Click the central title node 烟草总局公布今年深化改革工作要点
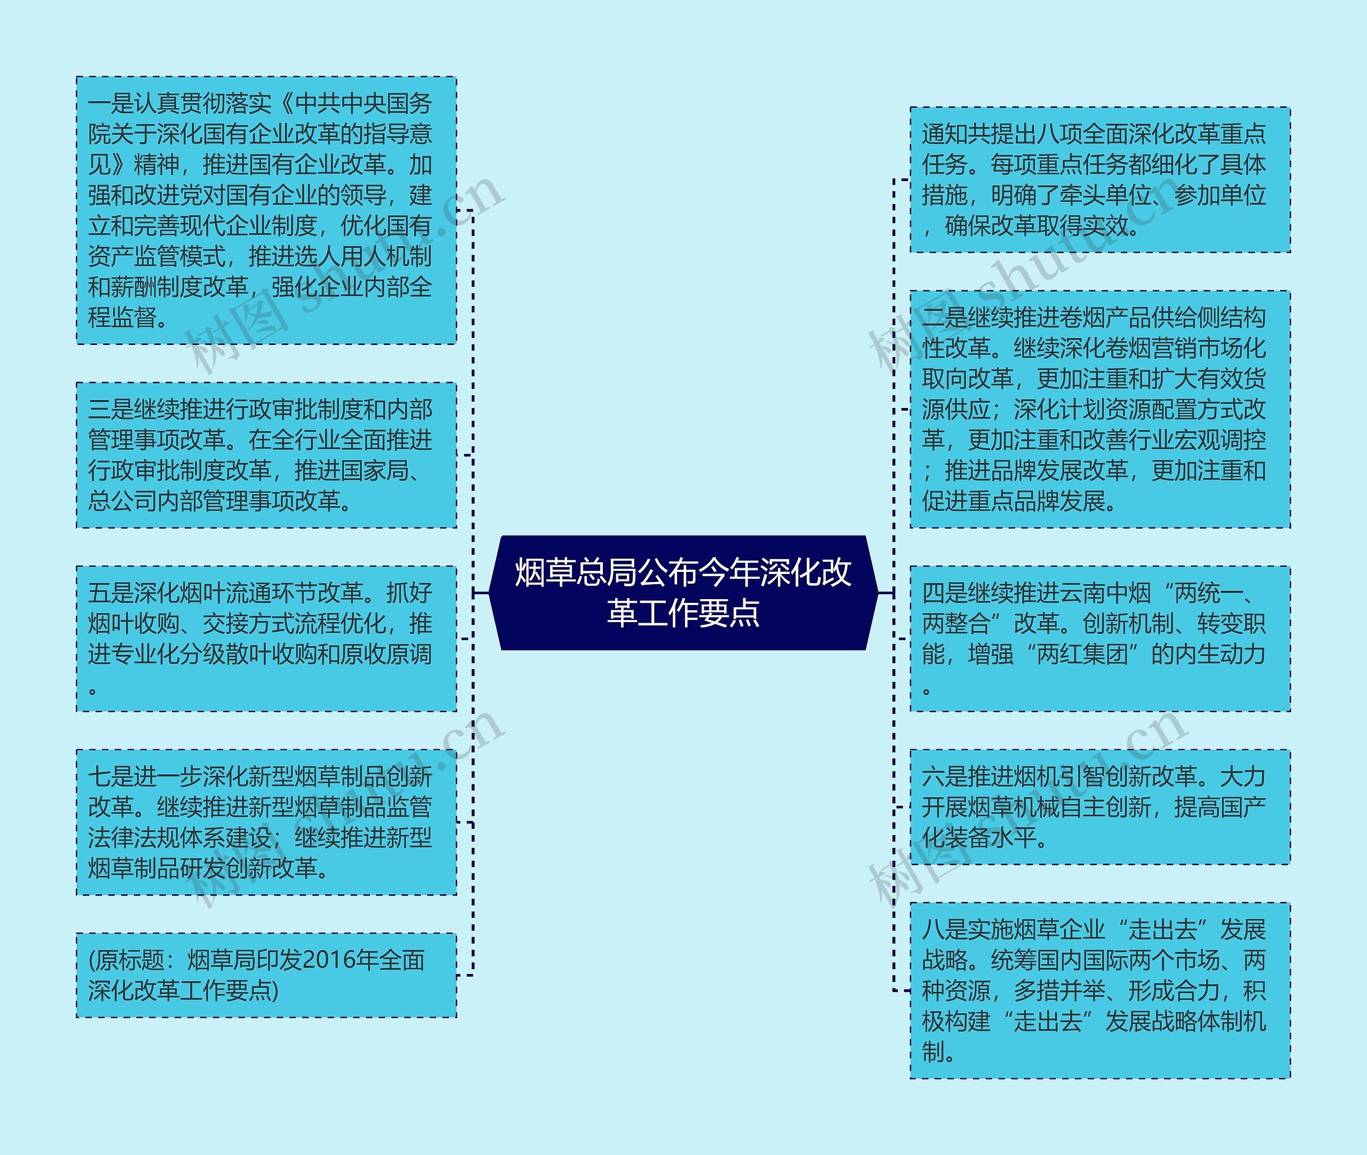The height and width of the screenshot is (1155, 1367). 683,593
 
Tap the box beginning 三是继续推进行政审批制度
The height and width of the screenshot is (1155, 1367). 266,455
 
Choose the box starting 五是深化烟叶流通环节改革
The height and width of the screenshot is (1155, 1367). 266,639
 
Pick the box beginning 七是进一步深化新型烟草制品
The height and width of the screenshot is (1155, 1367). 266,822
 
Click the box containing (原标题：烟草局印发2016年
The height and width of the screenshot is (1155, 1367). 266,975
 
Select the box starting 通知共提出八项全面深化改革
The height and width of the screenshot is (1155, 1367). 1100,179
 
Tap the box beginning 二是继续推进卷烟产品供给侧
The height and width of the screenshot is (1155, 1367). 1100,409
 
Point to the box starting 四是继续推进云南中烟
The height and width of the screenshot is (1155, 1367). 1100,639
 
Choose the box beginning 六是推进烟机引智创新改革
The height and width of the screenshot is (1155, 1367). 1100,807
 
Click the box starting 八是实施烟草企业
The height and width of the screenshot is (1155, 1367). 1100,991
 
